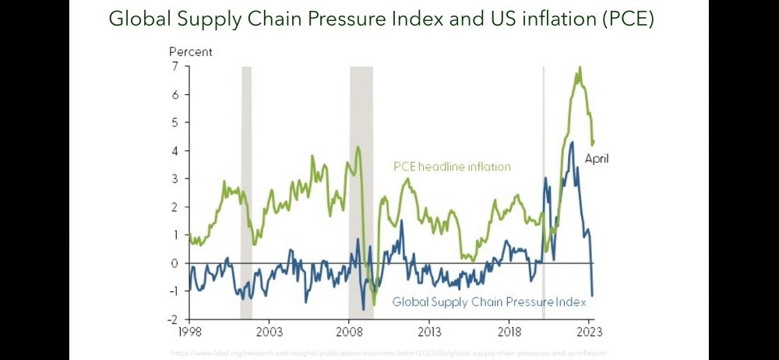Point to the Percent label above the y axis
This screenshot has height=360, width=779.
pos(191,52)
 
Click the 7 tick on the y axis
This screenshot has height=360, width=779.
pos(175,67)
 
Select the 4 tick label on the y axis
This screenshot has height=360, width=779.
pos(175,151)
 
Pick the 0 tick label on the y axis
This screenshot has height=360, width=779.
pos(175,263)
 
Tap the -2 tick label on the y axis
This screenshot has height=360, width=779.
pos(173,319)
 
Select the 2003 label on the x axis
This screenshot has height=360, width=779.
pos(269,330)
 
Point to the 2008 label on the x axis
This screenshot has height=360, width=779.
pos(349,330)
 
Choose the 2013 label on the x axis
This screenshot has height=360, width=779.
pos(429,330)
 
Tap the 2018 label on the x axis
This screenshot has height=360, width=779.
pos(509,330)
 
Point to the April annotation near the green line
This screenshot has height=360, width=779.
pos(597,159)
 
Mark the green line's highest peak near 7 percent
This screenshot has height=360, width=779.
pos(579,68)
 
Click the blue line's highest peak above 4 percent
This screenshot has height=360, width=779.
pos(573,142)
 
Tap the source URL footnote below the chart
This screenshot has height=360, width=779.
pos(389,353)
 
